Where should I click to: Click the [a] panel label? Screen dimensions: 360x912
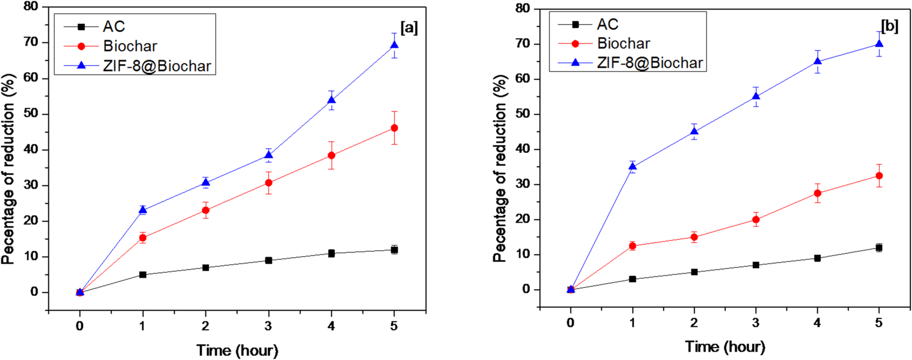click(409, 28)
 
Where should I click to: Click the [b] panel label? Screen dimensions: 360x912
click(889, 26)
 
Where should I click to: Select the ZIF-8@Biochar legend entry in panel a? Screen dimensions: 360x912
click(157, 66)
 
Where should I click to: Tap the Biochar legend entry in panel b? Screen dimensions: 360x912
click(623, 43)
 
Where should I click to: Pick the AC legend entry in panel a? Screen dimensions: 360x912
click(113, 26)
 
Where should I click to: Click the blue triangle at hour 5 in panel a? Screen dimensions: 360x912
click(394, 45)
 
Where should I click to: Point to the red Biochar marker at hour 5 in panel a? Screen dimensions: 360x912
click(394, 128)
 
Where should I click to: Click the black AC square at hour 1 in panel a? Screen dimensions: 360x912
click(143, 275)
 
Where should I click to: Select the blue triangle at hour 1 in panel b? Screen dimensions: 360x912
click(632, 166)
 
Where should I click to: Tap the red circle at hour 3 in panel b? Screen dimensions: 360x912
click(755, 220)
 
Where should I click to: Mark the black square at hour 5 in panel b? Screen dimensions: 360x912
click(879, 248)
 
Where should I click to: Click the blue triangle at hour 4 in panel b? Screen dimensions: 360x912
click(818, 62)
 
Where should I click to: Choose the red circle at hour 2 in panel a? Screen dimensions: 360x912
click(205, 210)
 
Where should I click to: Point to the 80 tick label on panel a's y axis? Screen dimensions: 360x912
click(31, 6)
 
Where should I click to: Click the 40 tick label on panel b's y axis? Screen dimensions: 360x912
click(523, 149)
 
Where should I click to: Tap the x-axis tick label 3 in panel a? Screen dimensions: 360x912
click(268, 326)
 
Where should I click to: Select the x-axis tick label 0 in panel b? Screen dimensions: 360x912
click(571, 323)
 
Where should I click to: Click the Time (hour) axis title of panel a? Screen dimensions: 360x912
click(237, 350)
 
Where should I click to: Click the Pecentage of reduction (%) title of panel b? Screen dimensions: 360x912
click(500, 168)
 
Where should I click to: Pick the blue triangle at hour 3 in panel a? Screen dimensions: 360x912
click(268, 155)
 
